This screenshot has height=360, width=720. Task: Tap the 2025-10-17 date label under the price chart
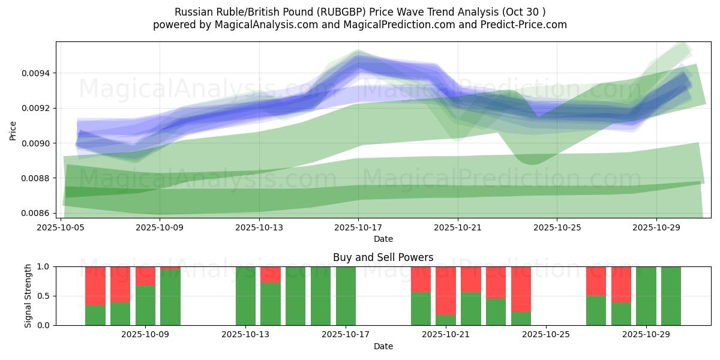click(x=358, y=227)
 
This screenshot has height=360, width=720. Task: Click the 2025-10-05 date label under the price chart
click(x=61, y=227)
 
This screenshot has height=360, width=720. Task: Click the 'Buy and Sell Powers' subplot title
click(x=383, y=257)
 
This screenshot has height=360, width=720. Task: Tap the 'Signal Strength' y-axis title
click(x=28, y=296)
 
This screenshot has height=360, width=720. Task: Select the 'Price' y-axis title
click(x=13, y=130)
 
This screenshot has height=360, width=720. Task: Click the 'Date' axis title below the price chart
click(x=383, y=239)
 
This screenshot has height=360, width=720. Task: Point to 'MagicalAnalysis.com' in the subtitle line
click(x=262, y=25)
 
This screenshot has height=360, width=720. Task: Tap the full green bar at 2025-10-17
click(x=346, y=296)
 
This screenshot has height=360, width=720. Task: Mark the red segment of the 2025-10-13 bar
click(x=271, y=274)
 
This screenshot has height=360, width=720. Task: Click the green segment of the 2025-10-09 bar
click(x=170, y=298)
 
